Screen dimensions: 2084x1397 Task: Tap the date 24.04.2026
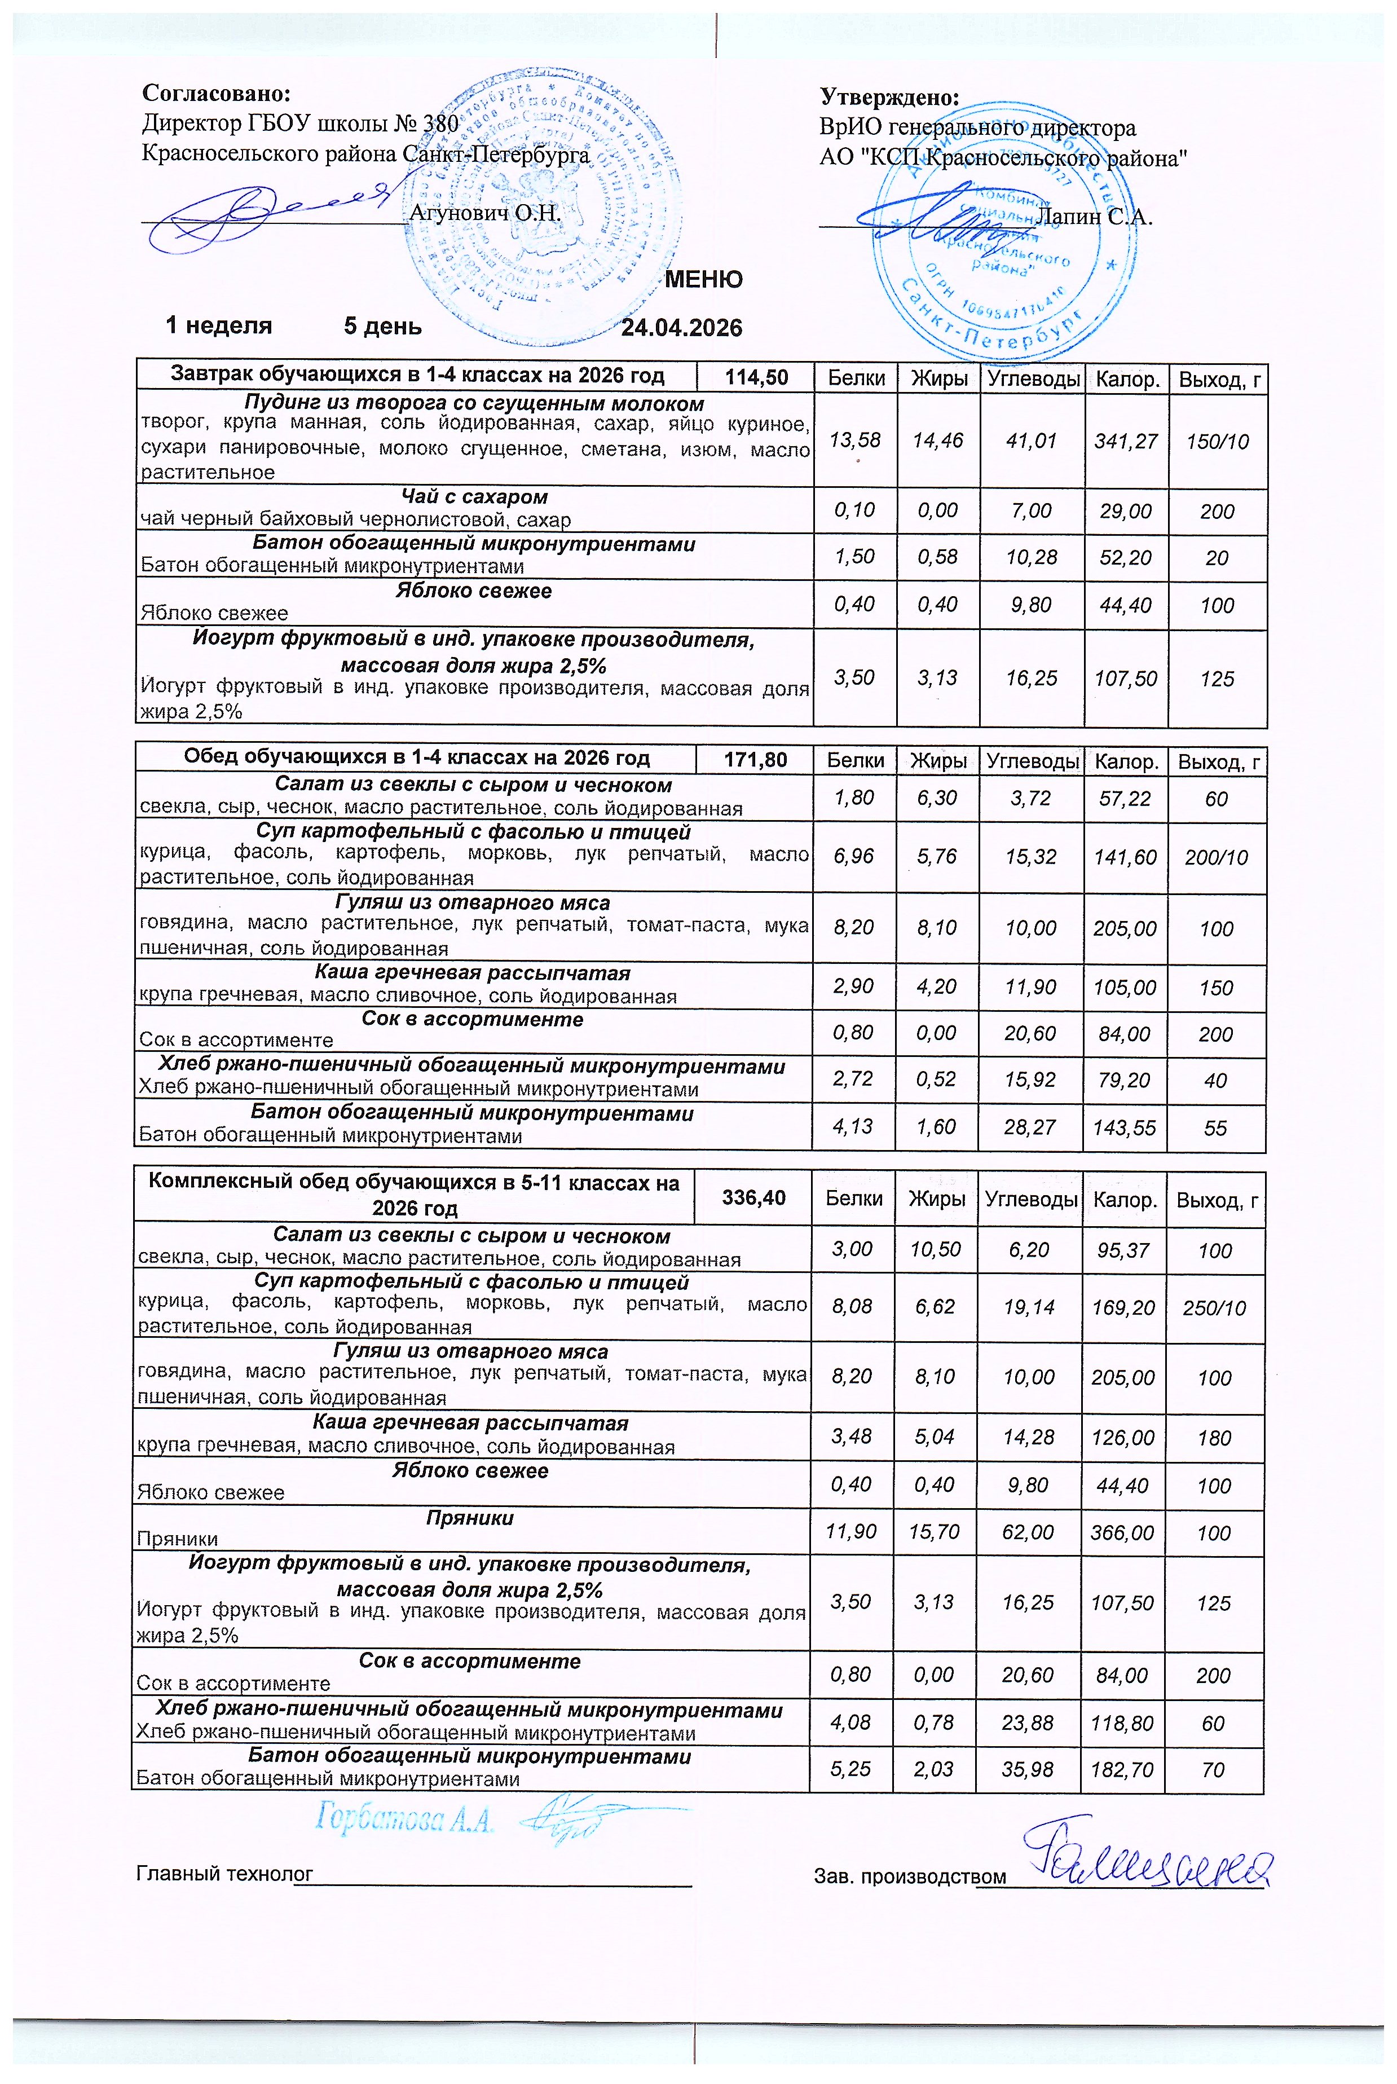coord(681,328)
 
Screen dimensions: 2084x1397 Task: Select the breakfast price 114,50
coord(756,377)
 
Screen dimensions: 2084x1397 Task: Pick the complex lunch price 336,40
coord(753,1197)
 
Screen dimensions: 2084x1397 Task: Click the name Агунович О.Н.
coord(484,213)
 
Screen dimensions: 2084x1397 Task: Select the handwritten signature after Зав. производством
coord(1149,1858)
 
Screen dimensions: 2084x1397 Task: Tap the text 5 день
coord(382,326)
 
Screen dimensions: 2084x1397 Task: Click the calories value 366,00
coord(1122,1532)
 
